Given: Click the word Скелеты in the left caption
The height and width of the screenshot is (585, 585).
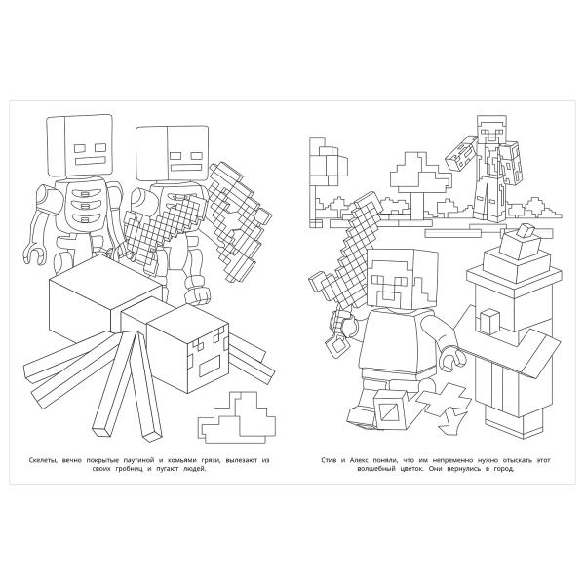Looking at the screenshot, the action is pyautogui.click(x=43, y=460).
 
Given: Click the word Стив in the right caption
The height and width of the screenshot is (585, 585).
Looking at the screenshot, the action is pyautogui.click(x=330, y=460).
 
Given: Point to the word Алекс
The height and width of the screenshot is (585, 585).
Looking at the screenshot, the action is pyautogui.click(x=359, y=460).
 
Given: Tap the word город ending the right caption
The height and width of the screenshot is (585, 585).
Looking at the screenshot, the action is pyautogui.click(x=504, y=469).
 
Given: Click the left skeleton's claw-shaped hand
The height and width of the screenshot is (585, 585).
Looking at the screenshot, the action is pyautogui.click(x=35, y=254).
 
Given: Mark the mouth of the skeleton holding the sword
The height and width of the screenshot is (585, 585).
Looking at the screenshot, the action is pyautogui.click(x=185, y=167).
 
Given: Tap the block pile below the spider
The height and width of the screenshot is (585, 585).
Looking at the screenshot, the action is pyautogui.click(x=237, y=417).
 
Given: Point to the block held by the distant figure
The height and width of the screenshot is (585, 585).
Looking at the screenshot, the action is pyautogui.click(x=461, y=153).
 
